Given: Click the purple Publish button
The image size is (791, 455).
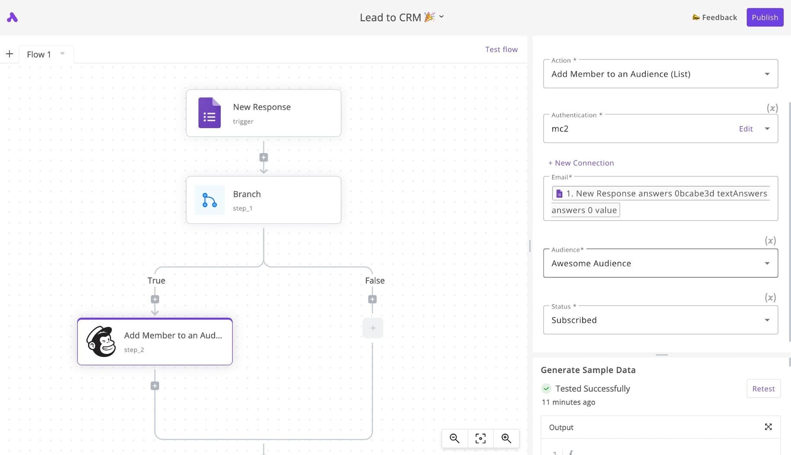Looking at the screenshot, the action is [764, 17].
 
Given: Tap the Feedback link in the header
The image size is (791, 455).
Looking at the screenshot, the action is [715, 17].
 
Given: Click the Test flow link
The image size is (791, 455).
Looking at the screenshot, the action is [501, 49].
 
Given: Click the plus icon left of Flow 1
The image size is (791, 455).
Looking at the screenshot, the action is [9, 54].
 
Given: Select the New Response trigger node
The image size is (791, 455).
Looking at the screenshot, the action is [264, 113].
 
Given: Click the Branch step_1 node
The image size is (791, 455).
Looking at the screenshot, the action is [264, 200].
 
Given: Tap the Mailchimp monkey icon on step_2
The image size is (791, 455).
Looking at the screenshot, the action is [101, 341].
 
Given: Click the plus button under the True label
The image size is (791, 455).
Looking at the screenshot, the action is [155, 300].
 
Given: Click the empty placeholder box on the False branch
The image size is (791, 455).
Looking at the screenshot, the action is [373, 328].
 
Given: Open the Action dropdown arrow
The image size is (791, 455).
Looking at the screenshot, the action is [767, 74].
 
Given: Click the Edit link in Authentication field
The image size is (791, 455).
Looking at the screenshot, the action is [745, 129].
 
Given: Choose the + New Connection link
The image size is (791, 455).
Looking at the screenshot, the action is [581, 163].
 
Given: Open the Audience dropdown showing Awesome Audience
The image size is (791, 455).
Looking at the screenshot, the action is [660, 263].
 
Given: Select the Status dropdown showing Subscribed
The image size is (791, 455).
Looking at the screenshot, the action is [660, 320].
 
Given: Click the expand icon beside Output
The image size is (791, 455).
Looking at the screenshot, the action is [768, 427].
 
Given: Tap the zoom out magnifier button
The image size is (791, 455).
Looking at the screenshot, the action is [455, 438].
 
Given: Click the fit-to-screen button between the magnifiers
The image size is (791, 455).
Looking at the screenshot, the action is [480, 438].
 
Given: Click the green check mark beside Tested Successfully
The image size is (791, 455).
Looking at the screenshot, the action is [546, 389].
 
